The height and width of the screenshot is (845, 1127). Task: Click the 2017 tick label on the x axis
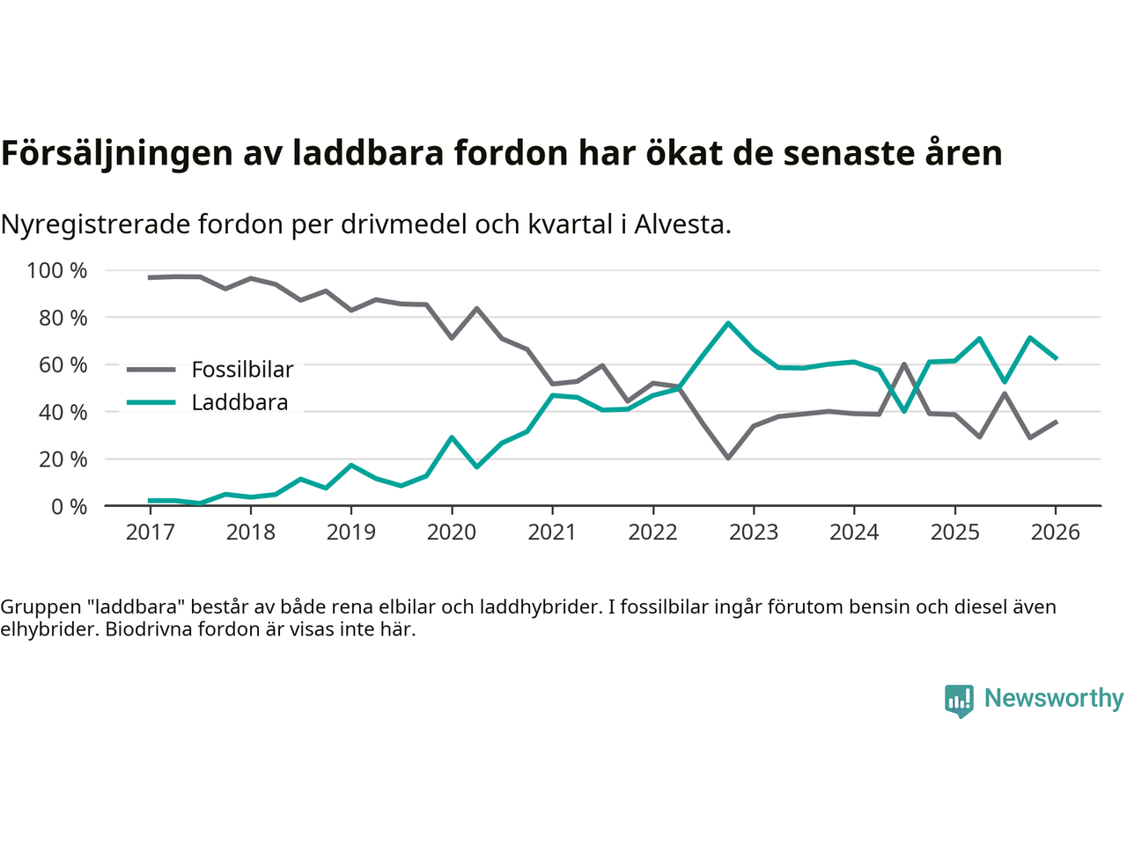pyautogui.click(x=150, y=532)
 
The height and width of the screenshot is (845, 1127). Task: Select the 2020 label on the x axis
pyautogui.click(x=452, y=532)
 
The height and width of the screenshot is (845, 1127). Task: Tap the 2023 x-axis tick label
pyautogui.click(x=754, y=532)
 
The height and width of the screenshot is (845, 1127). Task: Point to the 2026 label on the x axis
pyautogui.click(x=1055, y=532)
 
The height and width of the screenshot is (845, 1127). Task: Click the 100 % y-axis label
pyautogui.click(x=57, y=270)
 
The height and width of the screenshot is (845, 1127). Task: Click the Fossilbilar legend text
pyautogui.click(x=242, y=370)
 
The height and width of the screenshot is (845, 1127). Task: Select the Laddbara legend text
pyautogui.click(x=239, y=402)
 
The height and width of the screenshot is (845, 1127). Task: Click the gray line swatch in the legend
pyautogui.click(x=151, y=370)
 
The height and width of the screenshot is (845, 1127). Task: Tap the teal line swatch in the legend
pyautogui.click(x=151, y=402)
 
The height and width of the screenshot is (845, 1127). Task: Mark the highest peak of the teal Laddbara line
pyautogui.click(x=728, y=323)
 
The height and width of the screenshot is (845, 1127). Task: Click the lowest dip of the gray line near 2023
pyautogui.click(x=728, y=458)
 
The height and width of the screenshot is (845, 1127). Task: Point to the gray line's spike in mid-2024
pyautogui.click(x=904, y=364)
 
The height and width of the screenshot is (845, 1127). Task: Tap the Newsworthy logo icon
pyautogui.click(x=959, y=700)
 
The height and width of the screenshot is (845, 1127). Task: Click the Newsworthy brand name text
pyautogui.click(x=1053, y=698)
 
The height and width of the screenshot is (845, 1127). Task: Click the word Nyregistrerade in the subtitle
pyautogui.click(x=95, y=224)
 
